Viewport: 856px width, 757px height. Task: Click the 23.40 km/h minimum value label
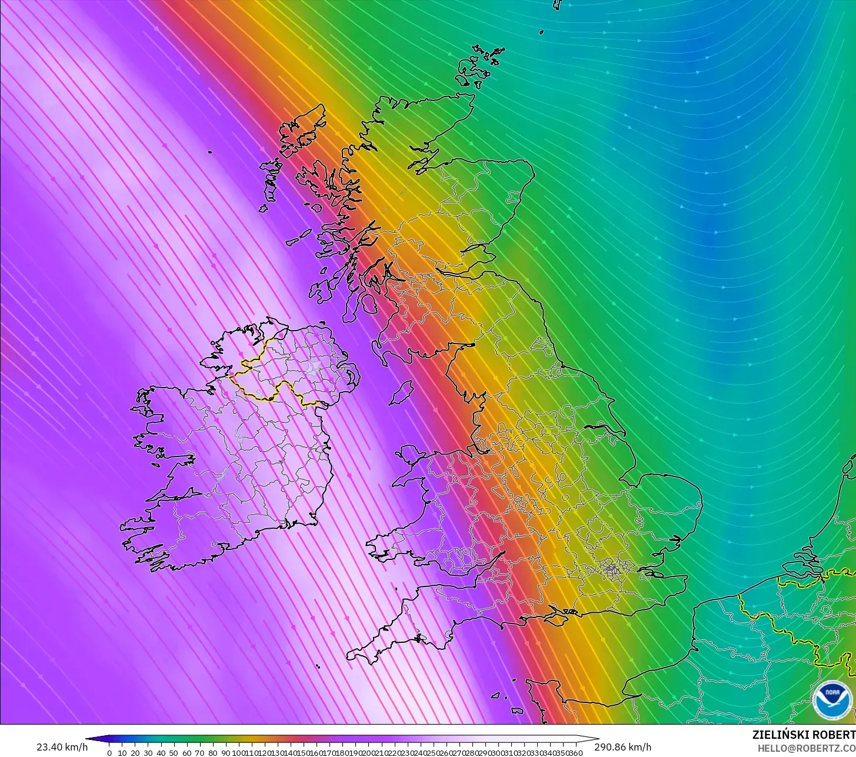[62, 747]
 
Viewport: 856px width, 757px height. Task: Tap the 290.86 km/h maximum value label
[622, 747]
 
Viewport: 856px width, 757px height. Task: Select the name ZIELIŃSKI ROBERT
[804, 735]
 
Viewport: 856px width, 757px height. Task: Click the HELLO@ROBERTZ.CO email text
[807, 748]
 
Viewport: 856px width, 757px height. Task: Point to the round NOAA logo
[831, 700]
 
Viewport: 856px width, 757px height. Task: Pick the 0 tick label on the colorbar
[109, 753]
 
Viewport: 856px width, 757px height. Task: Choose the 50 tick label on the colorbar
[174, 753]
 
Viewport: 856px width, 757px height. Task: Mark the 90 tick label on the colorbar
[225, 753]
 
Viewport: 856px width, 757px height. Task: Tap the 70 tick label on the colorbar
[199, 753]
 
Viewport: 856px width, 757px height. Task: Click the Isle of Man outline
[401, 393]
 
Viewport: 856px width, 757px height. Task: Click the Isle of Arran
[368, 304]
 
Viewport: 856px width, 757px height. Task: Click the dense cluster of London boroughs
[612, 568]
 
